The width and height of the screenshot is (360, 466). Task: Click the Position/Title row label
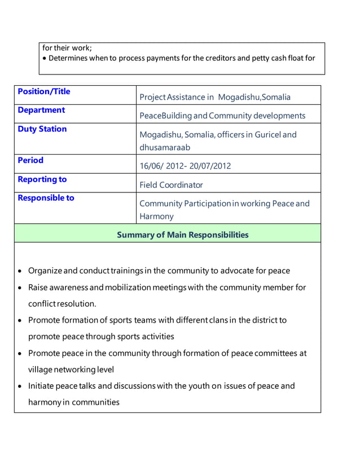[44, 91]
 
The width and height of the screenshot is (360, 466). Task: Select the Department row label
[41, 110]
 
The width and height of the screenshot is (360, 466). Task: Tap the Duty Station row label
[42, 129]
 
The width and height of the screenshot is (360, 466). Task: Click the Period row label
[30, 160]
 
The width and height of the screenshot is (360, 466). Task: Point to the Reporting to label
[42, 179]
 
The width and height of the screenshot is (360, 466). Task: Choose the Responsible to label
[46, 198]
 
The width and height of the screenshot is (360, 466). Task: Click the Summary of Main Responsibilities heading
[182, 235]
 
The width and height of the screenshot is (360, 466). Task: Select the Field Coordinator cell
[171, 185]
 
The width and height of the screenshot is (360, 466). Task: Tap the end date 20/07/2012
[209, 166]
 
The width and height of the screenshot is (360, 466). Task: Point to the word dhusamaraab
[165, 147]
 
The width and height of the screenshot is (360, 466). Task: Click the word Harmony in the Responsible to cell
[156, 216]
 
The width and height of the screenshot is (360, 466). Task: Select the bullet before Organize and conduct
[20, 271]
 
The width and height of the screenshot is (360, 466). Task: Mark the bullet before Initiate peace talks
[20, 387]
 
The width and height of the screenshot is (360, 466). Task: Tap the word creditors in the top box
[210, 58]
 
